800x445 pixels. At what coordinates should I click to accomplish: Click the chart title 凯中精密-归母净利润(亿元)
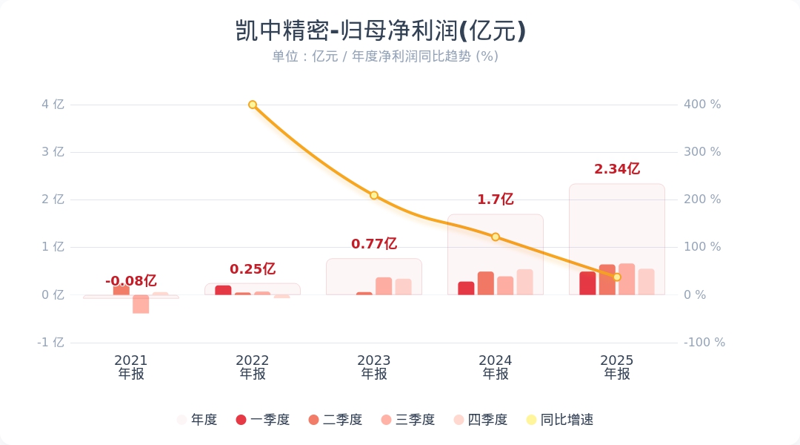tap(380, 31)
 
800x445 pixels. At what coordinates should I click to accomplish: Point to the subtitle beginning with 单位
tap(384, 56)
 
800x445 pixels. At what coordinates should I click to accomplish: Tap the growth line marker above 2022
tap(253, 105)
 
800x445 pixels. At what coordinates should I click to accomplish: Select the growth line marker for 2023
tap(374, 196)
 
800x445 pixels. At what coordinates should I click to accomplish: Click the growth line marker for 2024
tap(496, 237)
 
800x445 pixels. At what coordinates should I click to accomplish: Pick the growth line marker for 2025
tap(617, 277)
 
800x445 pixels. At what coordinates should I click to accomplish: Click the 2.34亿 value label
tap(616, 169)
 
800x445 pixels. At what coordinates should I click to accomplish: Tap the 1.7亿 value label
tap(495, 200)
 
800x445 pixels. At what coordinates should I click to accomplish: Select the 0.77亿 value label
tap(373, 244)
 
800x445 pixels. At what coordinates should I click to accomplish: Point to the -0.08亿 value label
tap(130, 281)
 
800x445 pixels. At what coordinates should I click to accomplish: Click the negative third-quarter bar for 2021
tap(141, 304)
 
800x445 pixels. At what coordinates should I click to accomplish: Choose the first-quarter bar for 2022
tap(223, 290)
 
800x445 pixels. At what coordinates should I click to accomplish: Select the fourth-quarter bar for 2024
tap(524, 282)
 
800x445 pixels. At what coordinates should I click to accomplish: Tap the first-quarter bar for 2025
tap(587, 283)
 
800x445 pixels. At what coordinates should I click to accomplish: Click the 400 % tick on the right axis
tap(702, 105)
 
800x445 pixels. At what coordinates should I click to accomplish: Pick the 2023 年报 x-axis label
tap(374, 367)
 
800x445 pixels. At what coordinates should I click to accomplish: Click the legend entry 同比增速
tap(559, 420)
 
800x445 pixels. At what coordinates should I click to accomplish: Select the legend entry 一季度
tap(262, 420)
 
